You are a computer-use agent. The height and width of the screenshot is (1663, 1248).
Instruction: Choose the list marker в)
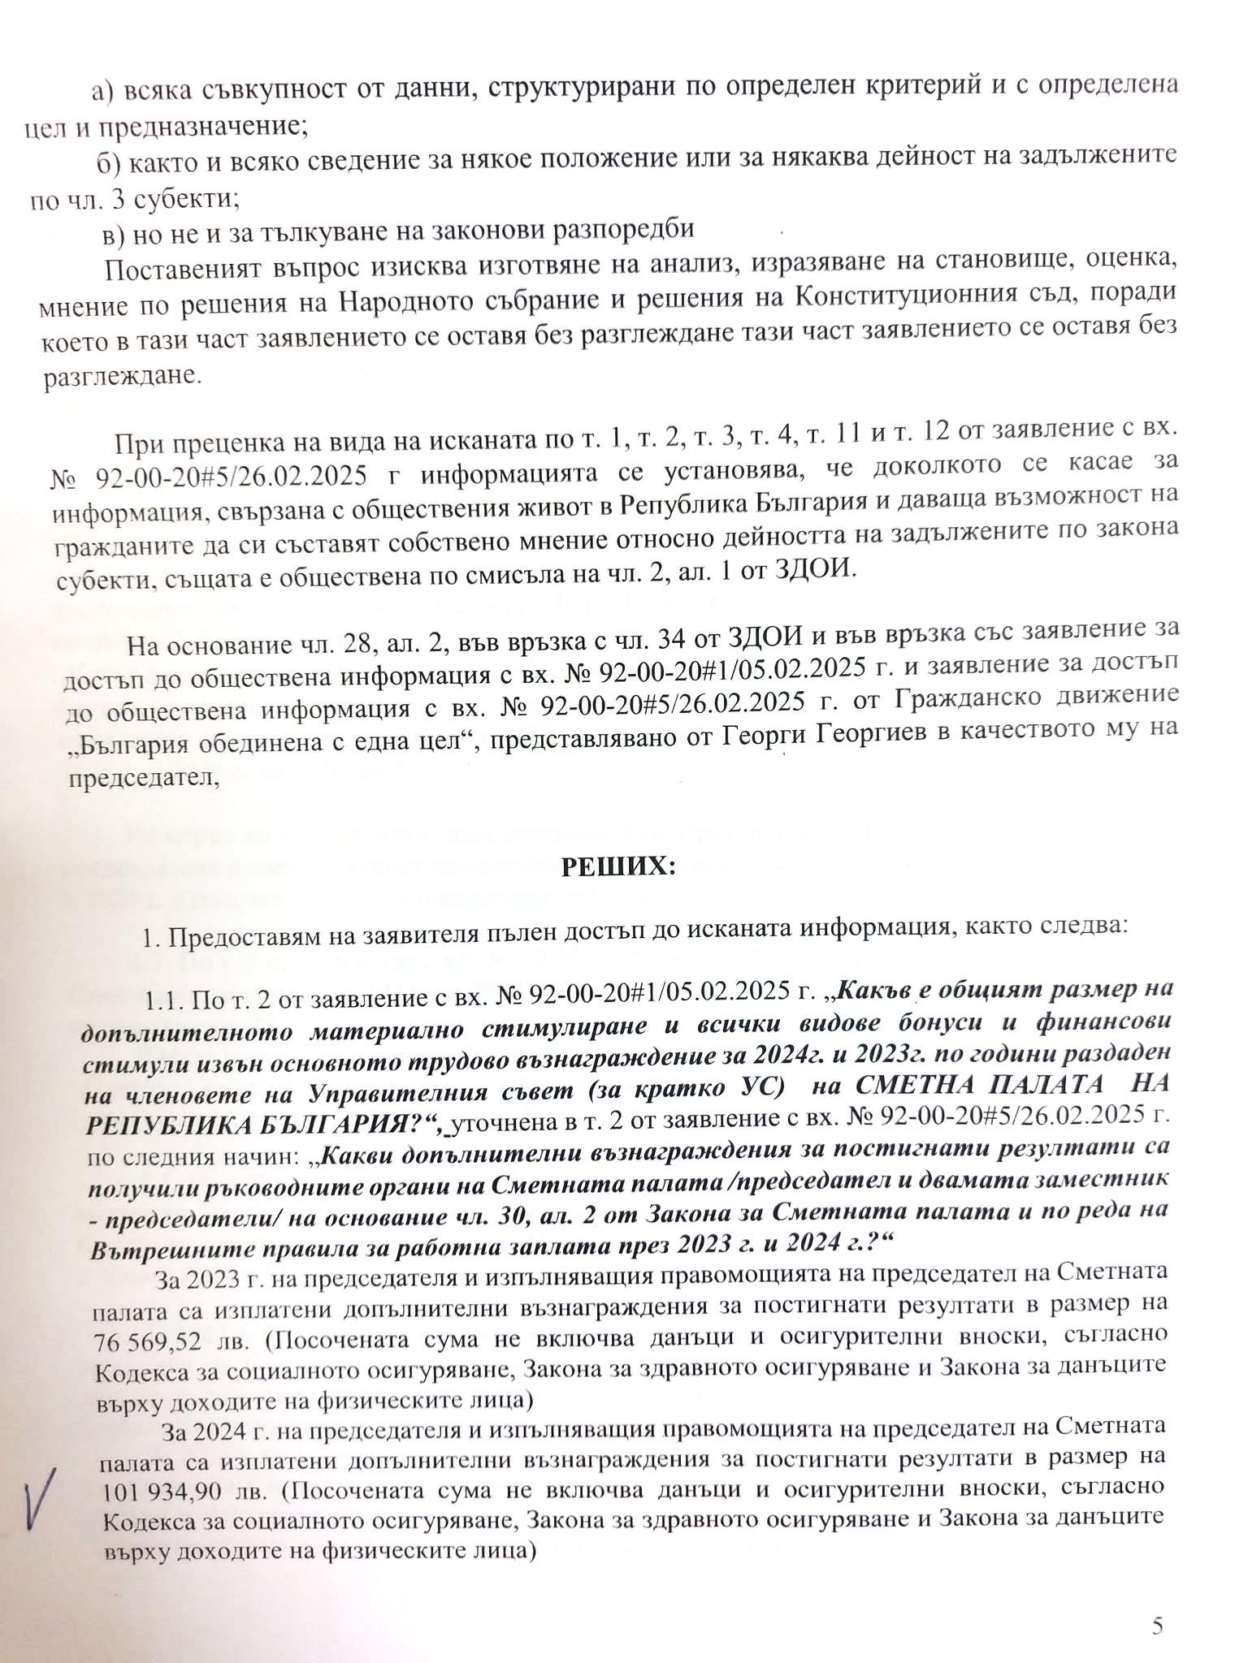coord(113,230)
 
